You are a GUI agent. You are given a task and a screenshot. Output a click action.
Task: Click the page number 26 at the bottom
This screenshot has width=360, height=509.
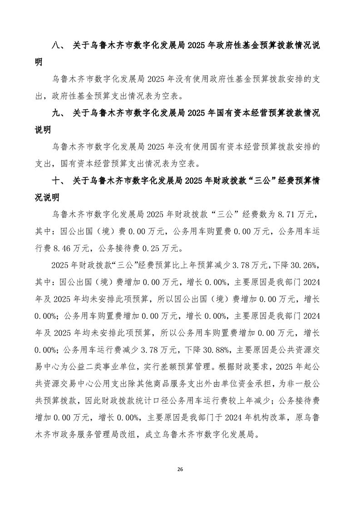[180, 468]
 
